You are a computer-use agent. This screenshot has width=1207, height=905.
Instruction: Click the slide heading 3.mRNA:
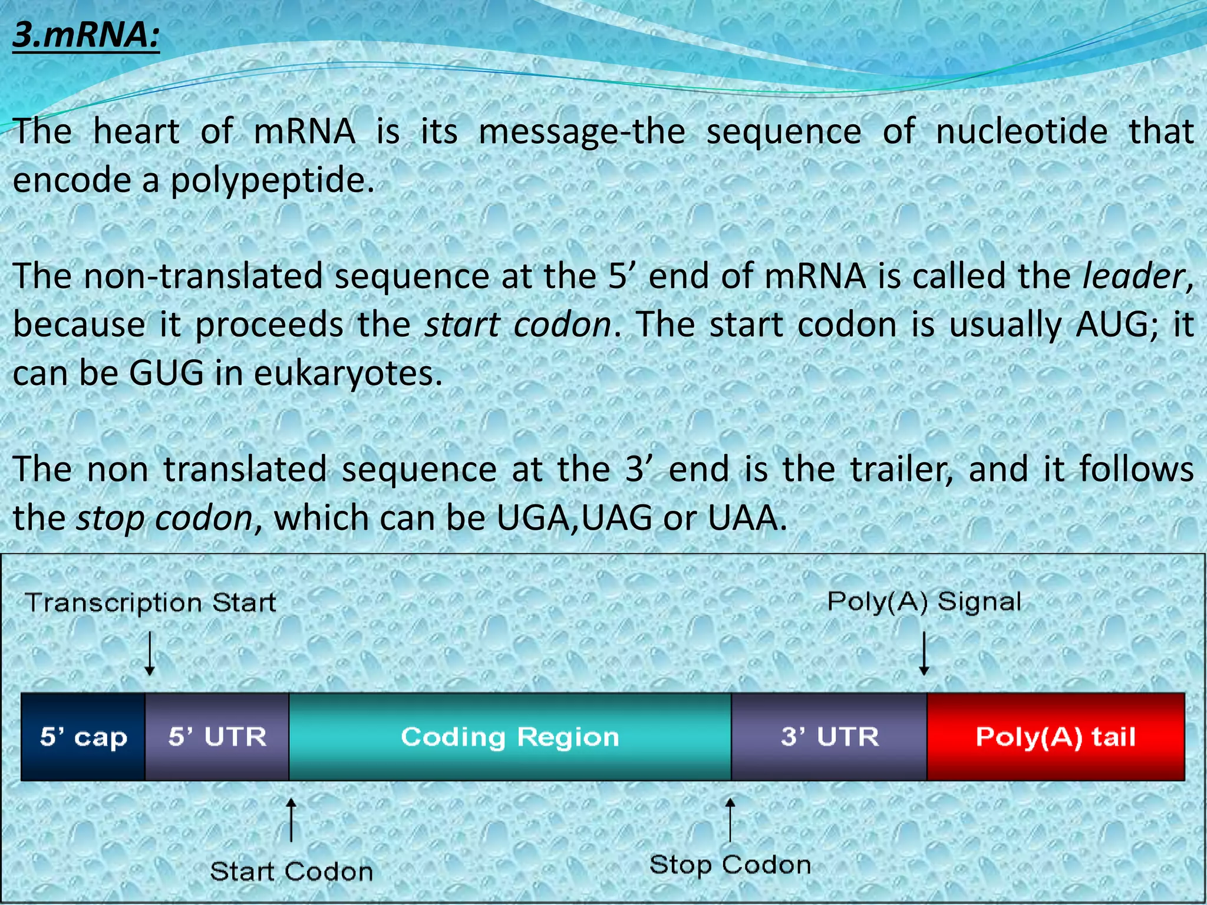tap(86, 35)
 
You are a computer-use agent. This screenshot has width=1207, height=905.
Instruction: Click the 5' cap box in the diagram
tap(83, 737)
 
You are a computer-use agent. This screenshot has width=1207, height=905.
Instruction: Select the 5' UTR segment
tap(217, 737)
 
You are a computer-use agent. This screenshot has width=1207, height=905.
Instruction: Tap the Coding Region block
tap(510, 737)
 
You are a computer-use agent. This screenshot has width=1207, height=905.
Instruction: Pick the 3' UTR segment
tap(829, 737)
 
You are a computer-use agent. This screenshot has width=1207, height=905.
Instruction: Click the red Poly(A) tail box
tap(1056, 737)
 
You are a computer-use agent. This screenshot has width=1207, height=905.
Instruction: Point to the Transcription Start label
tap(151, 603)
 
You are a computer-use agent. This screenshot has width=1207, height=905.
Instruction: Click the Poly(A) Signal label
tap(924, 602)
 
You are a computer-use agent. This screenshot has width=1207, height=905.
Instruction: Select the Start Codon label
tap(292, 871)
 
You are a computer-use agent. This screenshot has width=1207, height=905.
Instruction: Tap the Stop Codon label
tap(730, 865)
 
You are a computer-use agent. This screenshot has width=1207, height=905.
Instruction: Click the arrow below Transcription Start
tap(150, 653)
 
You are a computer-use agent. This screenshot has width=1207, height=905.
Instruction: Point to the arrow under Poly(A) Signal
tap(924, 653)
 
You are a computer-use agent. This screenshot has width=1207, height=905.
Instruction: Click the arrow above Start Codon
tap(291, 820)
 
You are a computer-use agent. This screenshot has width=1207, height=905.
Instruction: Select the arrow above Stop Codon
tap(730, 820)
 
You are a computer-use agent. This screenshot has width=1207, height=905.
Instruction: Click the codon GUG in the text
tap(167, 373)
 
